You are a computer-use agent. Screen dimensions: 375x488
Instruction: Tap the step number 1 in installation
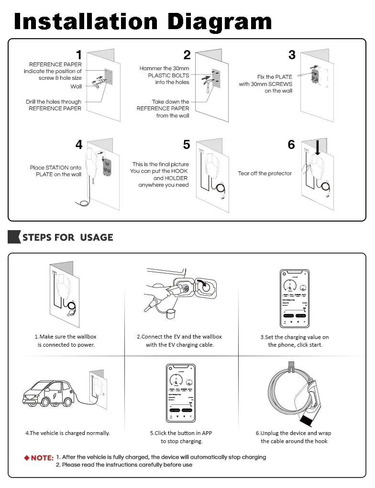pyautogui.click(x=79, y=55)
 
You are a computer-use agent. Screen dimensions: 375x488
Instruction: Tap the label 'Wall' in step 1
pyautogui.click(x=76, y=86)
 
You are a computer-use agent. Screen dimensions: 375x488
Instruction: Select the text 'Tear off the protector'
pyautogui.click(x=265, y=173)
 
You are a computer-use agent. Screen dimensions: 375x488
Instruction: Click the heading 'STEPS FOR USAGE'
pyautogui.click(x=67, y=237)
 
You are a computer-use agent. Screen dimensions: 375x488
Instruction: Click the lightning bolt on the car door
pyautogui.click(x=53, y=396)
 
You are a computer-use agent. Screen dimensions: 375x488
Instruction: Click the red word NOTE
pyautogui.click(x=42, y=458)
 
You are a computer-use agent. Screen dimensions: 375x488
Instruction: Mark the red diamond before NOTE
pyautogui.click(x=27, y=458)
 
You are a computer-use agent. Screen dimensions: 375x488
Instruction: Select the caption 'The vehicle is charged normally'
pyautogui.click(x=67, y=433)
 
